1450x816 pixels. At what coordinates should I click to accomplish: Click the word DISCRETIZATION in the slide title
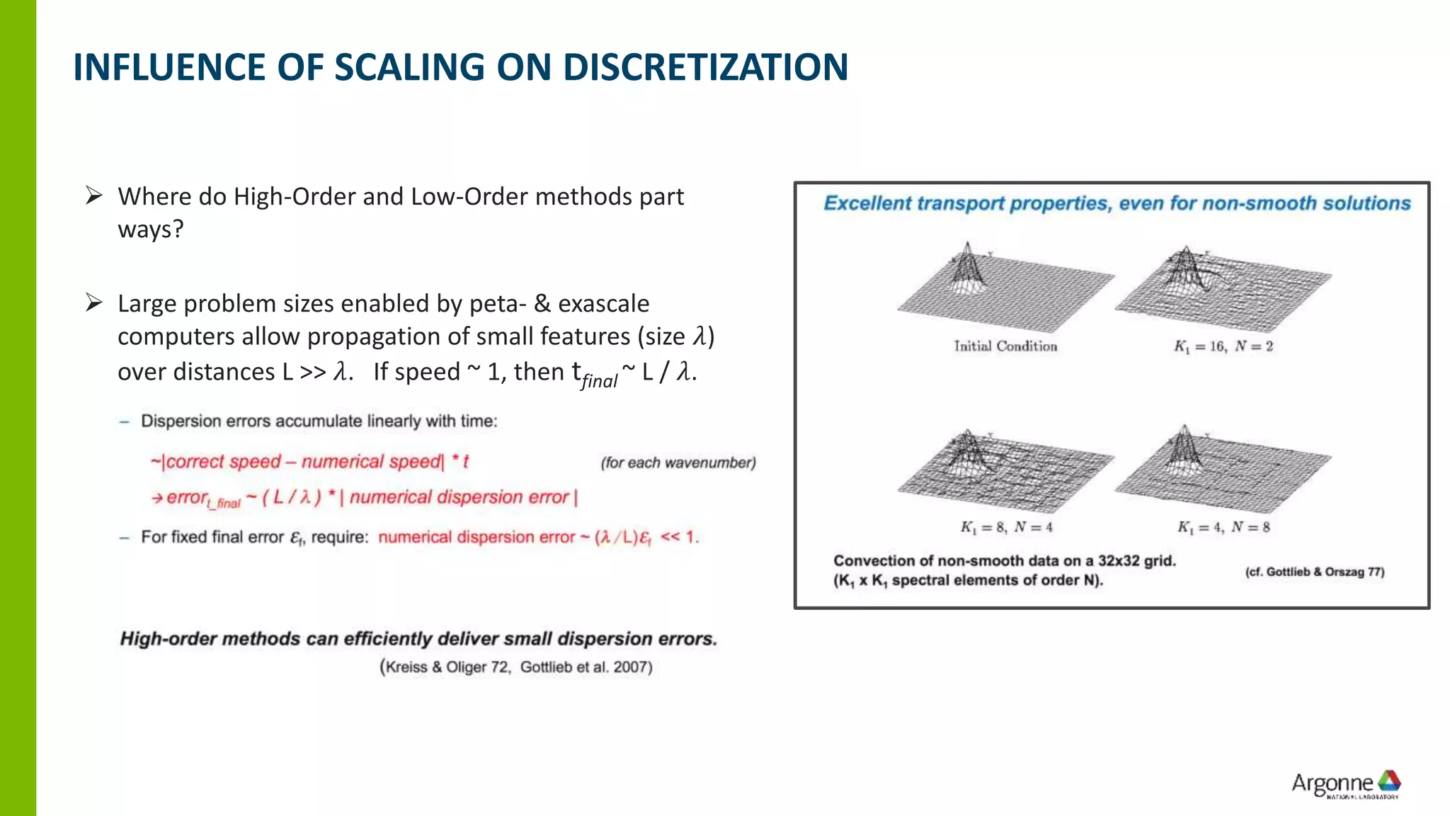pyautogui.click(x=705, y=67)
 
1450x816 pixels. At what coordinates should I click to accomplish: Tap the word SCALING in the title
pyautogui.click(x=410, y=67)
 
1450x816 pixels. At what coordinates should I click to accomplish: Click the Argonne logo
pyautogui.click(x=1346, y=784)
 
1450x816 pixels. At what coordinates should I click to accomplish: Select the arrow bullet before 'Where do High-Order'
pyautogui.click(x=94, y=195)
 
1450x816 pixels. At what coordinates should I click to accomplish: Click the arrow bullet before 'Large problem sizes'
pyautogui.click(x=94, y=302)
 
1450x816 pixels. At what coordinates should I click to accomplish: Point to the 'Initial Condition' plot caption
pyautogui.click(x=1005, y=346)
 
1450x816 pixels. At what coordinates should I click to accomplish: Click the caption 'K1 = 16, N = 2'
pyautogui.click(x=1223, y=346)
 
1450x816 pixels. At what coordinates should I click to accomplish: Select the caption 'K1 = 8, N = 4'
pyautogui.click(x=1006, y=527)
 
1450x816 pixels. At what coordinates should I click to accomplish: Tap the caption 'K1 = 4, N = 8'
pyautogui.click(x=1223, y=527)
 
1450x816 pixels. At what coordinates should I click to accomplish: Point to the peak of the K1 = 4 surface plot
pyautogui.click(x=1184, y=429)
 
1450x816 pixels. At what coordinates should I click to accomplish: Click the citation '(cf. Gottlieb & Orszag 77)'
pyautogui.click(x=1314, y=572)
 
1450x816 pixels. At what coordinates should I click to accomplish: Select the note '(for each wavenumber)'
pyautogui.click(x=678, y=463)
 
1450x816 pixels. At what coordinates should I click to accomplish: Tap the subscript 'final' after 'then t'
pyautogui.click(x=600, y=381)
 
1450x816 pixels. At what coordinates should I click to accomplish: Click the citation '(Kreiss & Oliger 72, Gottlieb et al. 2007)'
pyautogui.click(x=515, y=667)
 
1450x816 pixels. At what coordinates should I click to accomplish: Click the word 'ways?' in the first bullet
pyautogui.click(x=151, y=229)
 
